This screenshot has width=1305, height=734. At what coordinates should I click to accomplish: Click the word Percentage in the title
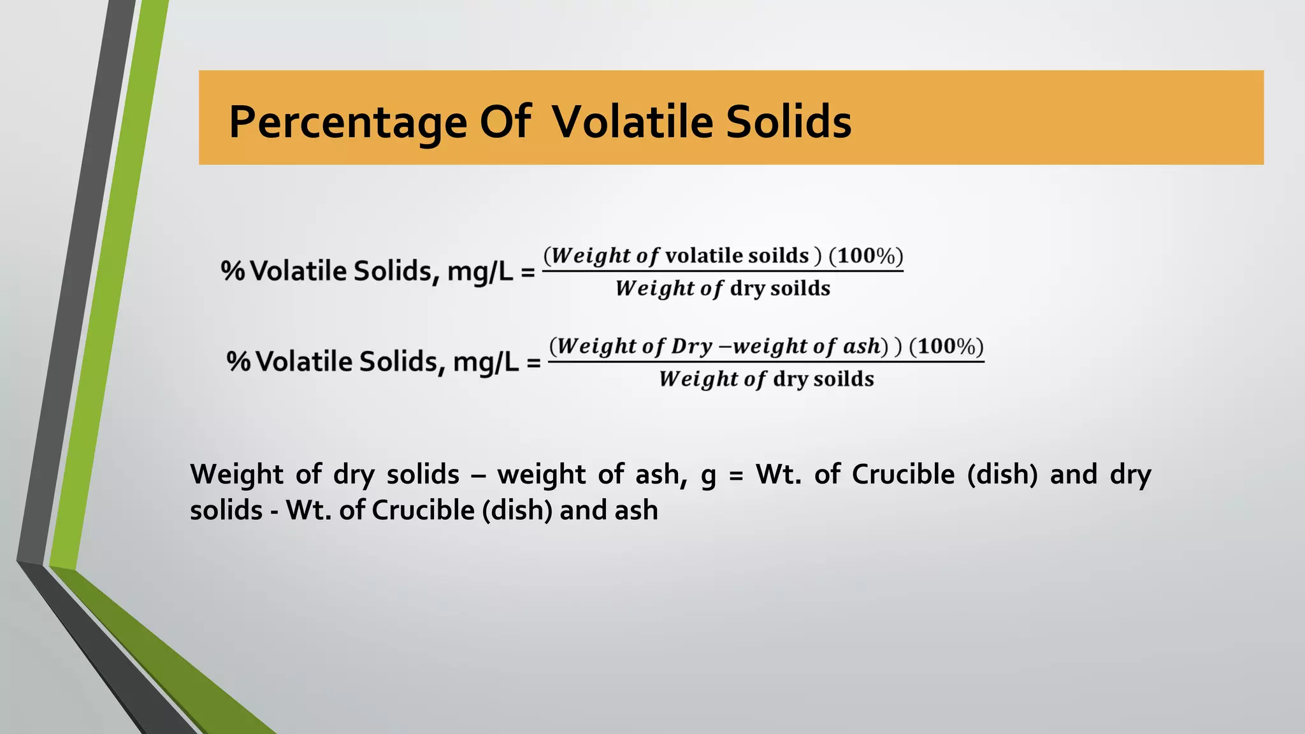348,122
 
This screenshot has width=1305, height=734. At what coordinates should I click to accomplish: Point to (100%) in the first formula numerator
866,256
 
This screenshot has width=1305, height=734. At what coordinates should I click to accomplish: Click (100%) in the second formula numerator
946,347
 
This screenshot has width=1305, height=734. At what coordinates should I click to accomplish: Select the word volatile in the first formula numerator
703,256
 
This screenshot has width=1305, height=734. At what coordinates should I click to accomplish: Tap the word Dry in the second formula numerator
691,347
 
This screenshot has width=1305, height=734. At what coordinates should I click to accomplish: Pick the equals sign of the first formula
528,273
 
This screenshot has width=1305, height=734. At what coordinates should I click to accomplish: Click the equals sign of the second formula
533,363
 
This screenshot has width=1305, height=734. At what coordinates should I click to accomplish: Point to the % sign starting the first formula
233,271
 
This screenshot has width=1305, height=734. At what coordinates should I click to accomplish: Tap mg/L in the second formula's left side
486,363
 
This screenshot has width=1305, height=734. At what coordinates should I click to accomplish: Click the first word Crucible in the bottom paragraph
903,475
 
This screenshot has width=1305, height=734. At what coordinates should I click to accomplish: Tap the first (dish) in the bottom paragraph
1002,475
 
